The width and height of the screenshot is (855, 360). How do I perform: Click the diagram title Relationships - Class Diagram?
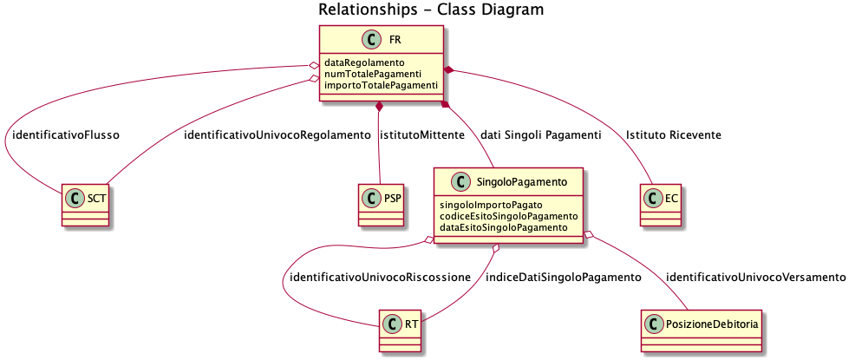pyautogui.click(x=431, y=10)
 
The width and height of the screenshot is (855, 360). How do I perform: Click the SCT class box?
pyautogui.click(x=84, y=206)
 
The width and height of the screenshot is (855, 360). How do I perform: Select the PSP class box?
pyautogui.click(x=382, y=206)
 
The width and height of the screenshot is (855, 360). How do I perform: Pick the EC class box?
pyautogui.click(x=662, y=206)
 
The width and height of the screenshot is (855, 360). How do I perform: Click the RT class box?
pyautogui.click(x=401, y=331)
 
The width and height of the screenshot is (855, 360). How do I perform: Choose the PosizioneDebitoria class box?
pyautogui.click(x=702, y=331)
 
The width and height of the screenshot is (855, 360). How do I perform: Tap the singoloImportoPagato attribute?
pyautogui.click(x=491, y=205)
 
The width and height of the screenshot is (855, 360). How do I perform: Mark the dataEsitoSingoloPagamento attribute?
pyautogui.click(x=503, y=227)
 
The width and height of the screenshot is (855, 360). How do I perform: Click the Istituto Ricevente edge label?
pyautogui.click(x=674, y=135)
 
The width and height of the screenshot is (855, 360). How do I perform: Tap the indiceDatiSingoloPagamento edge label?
pyautogui.click(x=563, y=277)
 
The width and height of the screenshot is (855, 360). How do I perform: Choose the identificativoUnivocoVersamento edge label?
pyautogui.click(x=756, y=277)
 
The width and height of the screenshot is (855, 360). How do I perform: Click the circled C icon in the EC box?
pyautogui.click(x=654, y=198)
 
